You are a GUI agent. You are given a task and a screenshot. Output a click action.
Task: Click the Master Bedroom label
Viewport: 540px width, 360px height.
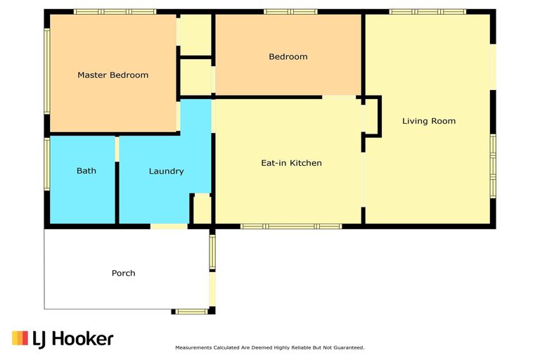coord(113,75)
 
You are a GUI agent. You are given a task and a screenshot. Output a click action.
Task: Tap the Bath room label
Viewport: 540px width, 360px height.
coord(86,171)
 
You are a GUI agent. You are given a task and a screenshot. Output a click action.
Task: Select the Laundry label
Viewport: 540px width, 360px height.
coord(167,172)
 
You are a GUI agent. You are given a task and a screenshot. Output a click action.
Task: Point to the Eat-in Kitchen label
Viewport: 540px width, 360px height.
coord(291,163)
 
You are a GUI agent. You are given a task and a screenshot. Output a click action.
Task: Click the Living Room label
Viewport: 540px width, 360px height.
coord(429,121)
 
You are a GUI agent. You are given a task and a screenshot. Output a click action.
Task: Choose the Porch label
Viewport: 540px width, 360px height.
coord(123,274)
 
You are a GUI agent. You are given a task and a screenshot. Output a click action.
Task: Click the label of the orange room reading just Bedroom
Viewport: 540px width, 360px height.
coord(288,56)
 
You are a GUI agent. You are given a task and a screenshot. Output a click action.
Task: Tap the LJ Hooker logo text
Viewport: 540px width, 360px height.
coord(73,339)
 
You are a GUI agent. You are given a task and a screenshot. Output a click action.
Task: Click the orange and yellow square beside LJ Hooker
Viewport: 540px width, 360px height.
coord(20,338)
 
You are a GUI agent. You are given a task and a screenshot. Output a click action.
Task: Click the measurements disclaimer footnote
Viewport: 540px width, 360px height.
coord(270,347)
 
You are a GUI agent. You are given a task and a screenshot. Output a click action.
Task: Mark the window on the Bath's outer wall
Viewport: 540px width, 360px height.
coord(47,164)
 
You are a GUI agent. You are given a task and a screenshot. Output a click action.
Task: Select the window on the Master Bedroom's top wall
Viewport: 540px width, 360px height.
coord(115,12)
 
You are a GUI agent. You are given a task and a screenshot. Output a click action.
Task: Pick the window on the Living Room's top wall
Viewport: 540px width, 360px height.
coord(427,12)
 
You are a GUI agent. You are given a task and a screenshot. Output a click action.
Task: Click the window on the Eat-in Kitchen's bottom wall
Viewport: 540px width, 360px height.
coord(291,226)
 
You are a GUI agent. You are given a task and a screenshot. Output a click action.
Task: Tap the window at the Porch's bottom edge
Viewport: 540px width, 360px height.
coord(191,311)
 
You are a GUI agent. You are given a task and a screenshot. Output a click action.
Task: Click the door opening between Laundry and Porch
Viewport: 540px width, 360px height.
coord(169,226)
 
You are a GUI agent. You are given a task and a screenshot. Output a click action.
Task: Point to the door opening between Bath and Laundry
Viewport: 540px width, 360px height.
coord(117,149)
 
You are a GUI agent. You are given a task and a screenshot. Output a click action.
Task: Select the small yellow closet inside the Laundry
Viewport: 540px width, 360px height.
coord(202,209)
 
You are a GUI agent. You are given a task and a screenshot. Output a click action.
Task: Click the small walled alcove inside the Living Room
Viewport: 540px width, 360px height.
coord(371,117)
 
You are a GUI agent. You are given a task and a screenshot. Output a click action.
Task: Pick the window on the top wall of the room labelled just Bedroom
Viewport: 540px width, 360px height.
coord(290,12)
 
